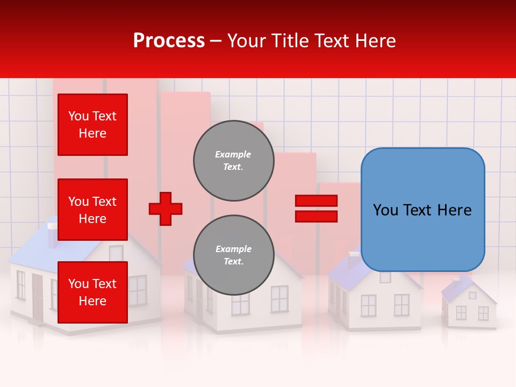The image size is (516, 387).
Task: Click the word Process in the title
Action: tap(169, 41)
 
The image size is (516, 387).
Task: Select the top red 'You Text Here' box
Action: tap(92, 125)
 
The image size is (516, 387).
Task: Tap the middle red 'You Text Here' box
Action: tap(92, 210)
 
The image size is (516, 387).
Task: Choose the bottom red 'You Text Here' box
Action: tap(92, 292)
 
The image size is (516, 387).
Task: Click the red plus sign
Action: tap(166, 209)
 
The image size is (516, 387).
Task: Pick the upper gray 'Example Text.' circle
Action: tap(233, 161)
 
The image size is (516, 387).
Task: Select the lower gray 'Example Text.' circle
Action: tap(233, 255)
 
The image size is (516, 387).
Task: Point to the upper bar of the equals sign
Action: tap(316, 200)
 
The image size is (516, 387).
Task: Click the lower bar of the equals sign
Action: tap(316, 217)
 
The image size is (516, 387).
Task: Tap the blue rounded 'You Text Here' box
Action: tap(422, 210)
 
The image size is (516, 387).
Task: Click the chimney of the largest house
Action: tap(52, 234)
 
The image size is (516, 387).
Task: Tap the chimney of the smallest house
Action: tap(456, 279)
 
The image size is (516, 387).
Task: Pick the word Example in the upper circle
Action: tap(233, 154)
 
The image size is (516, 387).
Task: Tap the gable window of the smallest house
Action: tap(472, 295)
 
